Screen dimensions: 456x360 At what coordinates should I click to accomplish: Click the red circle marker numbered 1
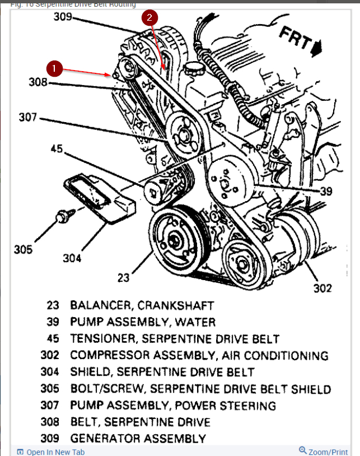54,68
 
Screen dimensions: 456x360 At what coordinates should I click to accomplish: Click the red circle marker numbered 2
149,18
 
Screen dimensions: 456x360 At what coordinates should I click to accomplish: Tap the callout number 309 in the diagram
63,16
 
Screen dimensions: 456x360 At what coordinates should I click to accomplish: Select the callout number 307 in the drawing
27,118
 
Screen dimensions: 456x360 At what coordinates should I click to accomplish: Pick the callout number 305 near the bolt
24,249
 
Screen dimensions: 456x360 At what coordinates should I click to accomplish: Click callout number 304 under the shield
72,258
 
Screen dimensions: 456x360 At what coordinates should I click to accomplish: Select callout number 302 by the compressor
322,289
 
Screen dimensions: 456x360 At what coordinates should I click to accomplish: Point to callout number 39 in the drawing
326,191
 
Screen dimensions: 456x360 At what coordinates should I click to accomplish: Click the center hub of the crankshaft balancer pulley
175,241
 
